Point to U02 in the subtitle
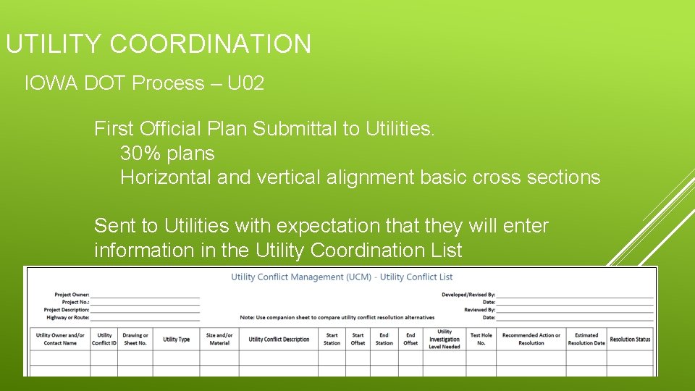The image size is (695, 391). [245, 83]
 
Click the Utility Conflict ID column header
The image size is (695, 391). [104, 339]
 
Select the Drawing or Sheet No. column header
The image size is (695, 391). [135, 339]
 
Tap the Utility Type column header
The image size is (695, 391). [176, 339]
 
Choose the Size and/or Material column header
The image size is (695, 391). [219, 339]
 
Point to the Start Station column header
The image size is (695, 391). [332, 339]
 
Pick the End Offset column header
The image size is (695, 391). [410, 339]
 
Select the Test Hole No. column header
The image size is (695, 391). [481, 339]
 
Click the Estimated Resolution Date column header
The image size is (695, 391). [586, 339]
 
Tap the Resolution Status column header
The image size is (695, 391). [630, 339]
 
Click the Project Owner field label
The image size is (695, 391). [72, 295]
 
